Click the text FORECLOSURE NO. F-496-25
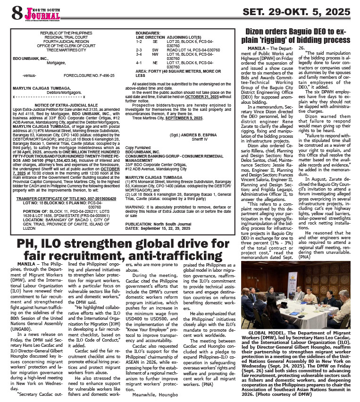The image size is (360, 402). pyautogui.click(x=90, y=75)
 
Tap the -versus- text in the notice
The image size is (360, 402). pyautogui.click(x=29, y=75)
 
